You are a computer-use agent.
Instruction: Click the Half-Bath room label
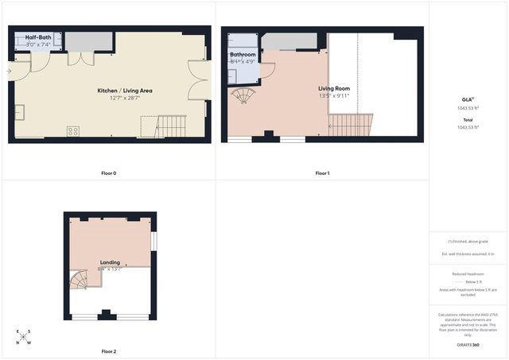click(x=38, y=37)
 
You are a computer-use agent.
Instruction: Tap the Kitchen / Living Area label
click(x=125, y=91)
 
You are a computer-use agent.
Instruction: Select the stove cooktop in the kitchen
click(x=72, y=131)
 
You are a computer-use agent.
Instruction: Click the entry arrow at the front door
click(x=9, y=71)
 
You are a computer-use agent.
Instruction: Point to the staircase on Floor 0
click(x=170, y=126)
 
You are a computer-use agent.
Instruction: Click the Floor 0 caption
click(x=109, y=173)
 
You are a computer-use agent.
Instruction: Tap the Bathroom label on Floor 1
click(x=243, y=55)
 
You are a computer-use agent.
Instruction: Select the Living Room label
click(x=335, y=88)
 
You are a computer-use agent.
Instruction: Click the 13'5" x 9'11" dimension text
click(x=335, y=96)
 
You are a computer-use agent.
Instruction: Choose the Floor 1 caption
click(x=322, y=173)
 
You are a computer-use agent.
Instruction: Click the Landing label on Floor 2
click(x=110, y=261)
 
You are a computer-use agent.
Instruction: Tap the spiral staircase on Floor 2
click(x=80, y=280)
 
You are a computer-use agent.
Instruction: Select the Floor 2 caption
click(x=109, y=350)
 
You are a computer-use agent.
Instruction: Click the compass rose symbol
click(x=25, y=337)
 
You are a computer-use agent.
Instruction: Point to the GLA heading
click(x=467, y=99)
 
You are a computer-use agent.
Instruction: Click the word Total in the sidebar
click(x=468, y=120)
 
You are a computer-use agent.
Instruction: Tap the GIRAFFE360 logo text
click(x=468, y=345)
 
